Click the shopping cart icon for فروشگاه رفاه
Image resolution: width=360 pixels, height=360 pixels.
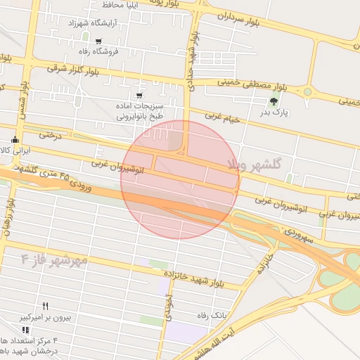coord(98,41)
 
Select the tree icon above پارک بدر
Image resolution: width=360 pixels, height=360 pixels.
coord(274,101)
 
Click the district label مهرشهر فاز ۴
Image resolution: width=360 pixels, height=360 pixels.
coord(54,259)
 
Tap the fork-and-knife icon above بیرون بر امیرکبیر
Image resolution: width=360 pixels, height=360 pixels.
coord(46,307)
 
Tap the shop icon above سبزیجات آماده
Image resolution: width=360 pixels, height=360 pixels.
coord(139,95)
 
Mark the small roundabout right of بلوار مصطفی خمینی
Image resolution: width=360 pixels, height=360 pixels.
coord(307,91)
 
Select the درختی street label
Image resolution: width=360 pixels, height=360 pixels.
coord(50,133)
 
